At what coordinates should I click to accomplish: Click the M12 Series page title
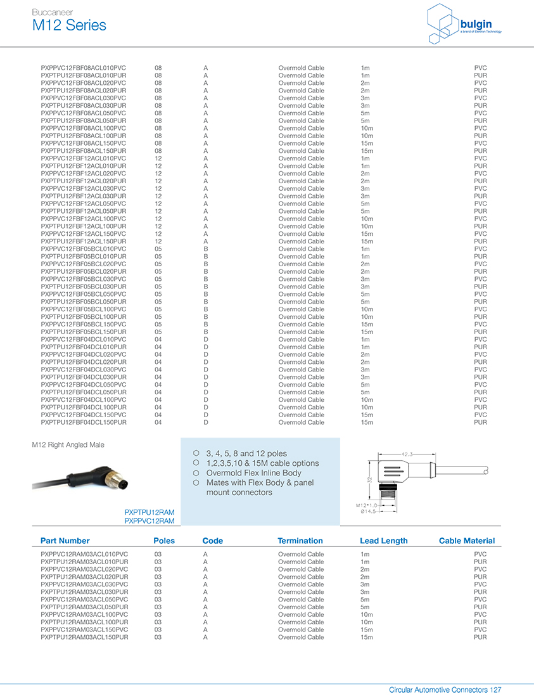[x=69, y=25]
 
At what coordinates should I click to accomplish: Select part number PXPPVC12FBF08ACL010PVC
[x=84, y=68]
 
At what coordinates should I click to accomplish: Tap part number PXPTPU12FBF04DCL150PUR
[x=84, y=422]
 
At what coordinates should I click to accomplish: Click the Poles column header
[x=164, y=541]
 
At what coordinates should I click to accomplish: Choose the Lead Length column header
[x=384, y=541]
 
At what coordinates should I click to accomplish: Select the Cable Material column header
[x=467, y=541]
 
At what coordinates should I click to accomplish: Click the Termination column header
[x=300, y=541]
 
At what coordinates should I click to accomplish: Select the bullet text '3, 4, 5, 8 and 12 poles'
[x=246, y=453]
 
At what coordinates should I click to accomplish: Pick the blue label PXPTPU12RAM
[x=149, y=512]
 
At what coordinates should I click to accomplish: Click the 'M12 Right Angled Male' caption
[x=68, y=445]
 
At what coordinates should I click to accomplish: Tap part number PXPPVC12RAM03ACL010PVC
[x=84, y=554]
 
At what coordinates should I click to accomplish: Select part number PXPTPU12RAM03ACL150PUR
[x=84, y=637]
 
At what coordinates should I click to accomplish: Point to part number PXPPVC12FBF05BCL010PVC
[x=84, y=249]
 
